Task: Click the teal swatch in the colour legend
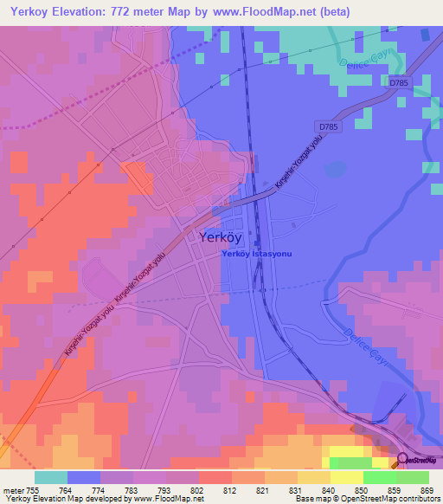coord(51,477)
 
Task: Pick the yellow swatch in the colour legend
coord(347,477)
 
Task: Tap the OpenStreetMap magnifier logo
coord(402,460)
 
